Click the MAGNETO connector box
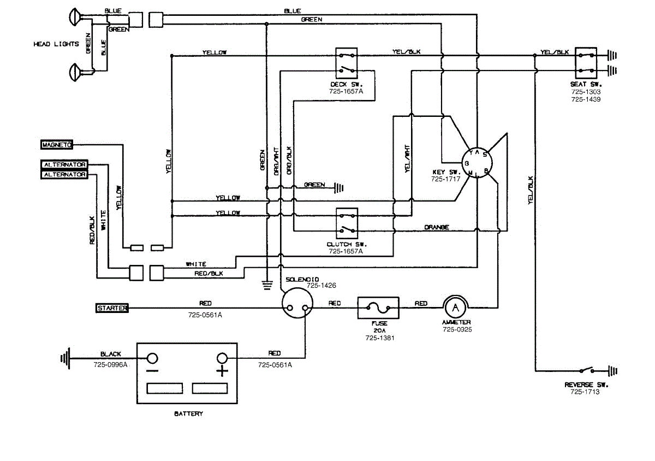57,144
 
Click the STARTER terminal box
112,308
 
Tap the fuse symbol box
378,308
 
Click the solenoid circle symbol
297,304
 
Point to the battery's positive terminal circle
222,358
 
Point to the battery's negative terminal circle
152,358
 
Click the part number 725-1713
585,392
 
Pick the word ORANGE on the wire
437,227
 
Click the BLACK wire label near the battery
111,354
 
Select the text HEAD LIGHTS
56,44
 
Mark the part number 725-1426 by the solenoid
321,285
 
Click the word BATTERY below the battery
188,413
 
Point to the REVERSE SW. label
586,385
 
